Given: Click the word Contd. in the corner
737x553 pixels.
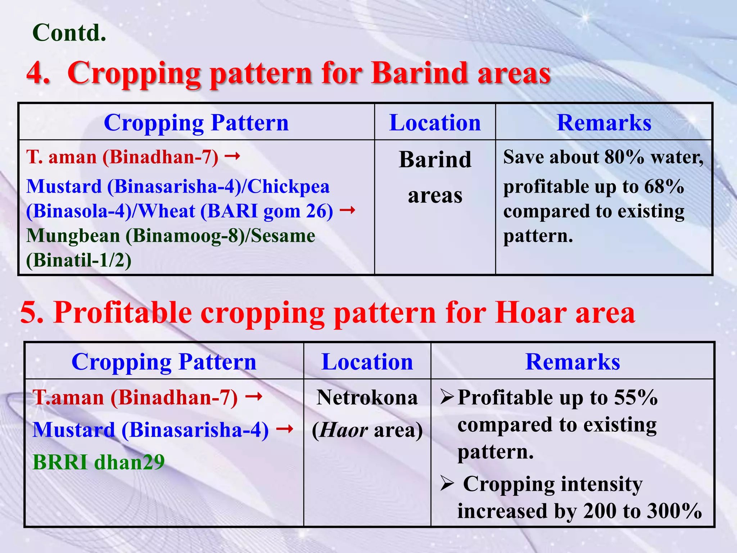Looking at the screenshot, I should coord(69,33).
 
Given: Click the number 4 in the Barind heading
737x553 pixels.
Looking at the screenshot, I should coord(36,73).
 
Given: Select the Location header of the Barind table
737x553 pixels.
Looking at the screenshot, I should coord(435,123).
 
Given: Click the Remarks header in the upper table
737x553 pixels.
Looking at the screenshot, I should coord(604,123).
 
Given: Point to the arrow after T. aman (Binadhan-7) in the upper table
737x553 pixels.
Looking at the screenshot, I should coord(232,156).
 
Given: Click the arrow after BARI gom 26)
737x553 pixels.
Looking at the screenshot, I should coord(348,210).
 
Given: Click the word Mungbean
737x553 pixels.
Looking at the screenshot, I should coord(73,236).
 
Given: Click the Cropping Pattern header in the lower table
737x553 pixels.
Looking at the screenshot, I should coord(164,362).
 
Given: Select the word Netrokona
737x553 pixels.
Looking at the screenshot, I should coord(367,398).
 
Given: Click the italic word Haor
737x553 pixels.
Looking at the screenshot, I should coord(343,430).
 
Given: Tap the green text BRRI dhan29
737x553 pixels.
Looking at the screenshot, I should coord(99,462).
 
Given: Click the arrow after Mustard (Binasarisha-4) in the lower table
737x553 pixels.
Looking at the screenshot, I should coord(285,429).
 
